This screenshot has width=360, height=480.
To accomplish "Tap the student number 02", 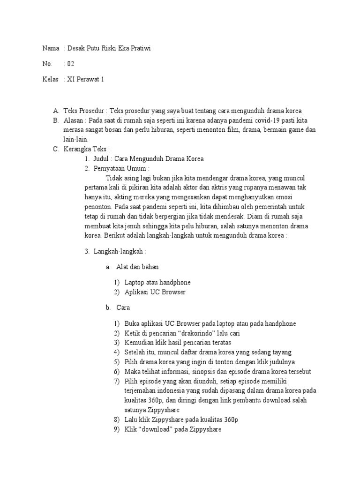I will coord(71,64).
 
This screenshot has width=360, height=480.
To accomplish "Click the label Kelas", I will coord(50,79).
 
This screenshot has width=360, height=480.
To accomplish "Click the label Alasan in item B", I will coord(73,120).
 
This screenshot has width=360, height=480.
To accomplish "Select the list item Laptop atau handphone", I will coord(157,282).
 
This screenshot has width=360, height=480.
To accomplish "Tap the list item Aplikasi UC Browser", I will coord(155,292).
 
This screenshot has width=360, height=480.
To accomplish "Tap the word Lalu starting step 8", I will coord(131,420).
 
